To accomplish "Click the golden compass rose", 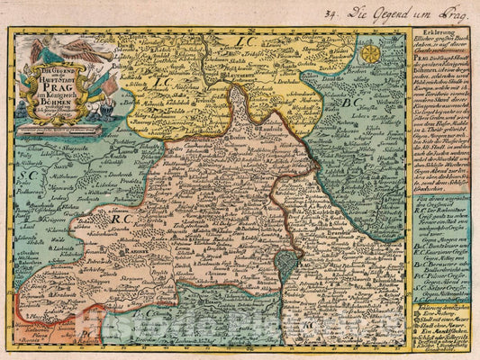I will [370, 53].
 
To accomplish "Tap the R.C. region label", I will [120, 216].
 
